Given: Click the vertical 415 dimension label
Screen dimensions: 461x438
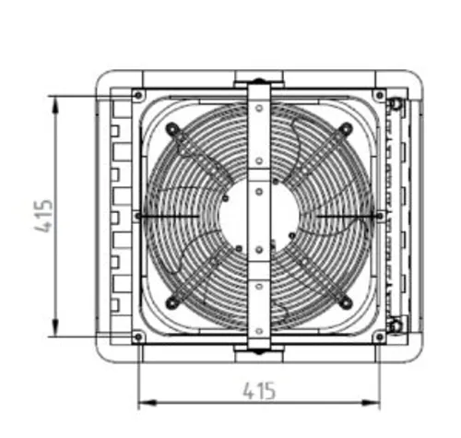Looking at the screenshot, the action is click(x=43, y=216).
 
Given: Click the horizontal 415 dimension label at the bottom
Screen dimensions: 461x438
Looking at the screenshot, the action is click(x=259, y=391).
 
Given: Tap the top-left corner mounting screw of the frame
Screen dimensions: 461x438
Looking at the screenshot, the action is click(x=138, y=95).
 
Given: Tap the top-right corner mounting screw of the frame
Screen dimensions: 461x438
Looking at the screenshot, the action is click(x=380, y=95).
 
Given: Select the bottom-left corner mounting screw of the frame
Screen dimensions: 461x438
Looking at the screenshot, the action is click(x=138, y=337).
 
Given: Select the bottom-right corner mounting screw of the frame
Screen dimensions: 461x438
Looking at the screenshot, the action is click(x=380, y=337).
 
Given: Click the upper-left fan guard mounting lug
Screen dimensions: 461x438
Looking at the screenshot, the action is click(x=172, y=129).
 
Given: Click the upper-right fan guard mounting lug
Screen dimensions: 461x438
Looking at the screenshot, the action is click(x=346, y=128).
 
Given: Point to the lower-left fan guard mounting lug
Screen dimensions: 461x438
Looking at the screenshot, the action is click(x=172, y=302).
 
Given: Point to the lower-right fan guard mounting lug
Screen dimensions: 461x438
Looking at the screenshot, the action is click(x=346, y=302).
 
